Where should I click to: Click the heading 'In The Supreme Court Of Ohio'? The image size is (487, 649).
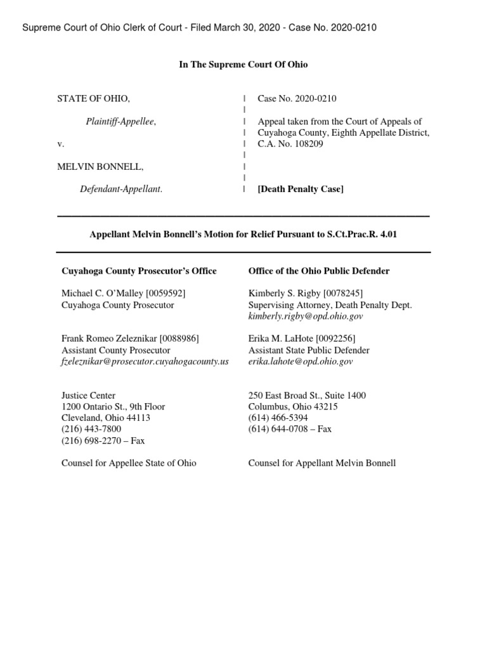(x=243, y=65)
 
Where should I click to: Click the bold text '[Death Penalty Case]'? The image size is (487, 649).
(x=300, y=189)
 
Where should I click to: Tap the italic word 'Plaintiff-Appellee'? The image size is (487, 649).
(x=120, y=122)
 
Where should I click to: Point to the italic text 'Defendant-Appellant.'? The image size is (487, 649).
(x=120, y=189)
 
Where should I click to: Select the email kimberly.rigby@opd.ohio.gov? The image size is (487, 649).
(x=306, y=316)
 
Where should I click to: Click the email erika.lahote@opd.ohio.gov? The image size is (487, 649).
(x=301, y=361)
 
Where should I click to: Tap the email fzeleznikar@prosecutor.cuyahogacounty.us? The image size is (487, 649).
(x=145, y=361)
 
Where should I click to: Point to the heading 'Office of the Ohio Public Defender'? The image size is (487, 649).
(x=319, y=271)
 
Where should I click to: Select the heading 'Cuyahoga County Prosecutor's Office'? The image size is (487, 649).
(x=139, y=271)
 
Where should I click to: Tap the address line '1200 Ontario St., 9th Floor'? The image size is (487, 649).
(x=113, y=407)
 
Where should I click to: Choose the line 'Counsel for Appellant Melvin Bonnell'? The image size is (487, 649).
(x=322, y=463)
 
